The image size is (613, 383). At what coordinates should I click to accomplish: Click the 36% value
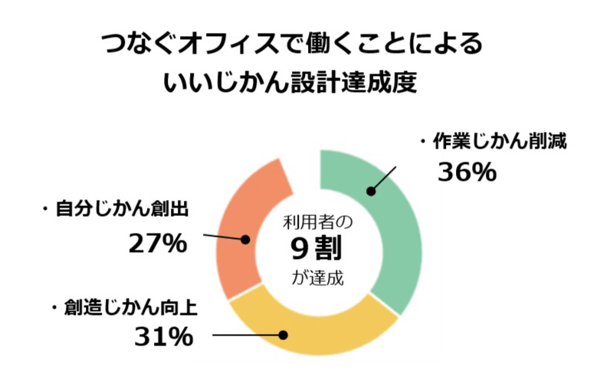tap(467, 172)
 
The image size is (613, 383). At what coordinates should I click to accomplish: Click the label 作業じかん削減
tap(497, 142)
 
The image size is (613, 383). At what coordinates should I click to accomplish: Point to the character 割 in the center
tap(332, 250)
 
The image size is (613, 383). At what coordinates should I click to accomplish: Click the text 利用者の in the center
tap(317, 223)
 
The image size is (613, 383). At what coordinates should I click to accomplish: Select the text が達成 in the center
tap(318, 277)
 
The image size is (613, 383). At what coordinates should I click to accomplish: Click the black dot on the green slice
tap(370, 191)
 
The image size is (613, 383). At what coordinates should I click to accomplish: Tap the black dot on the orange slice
tap(246, 240)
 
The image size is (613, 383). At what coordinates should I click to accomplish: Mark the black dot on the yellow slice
tap(283, 335)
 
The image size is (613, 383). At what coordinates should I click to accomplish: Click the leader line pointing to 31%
tap(245, 335)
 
